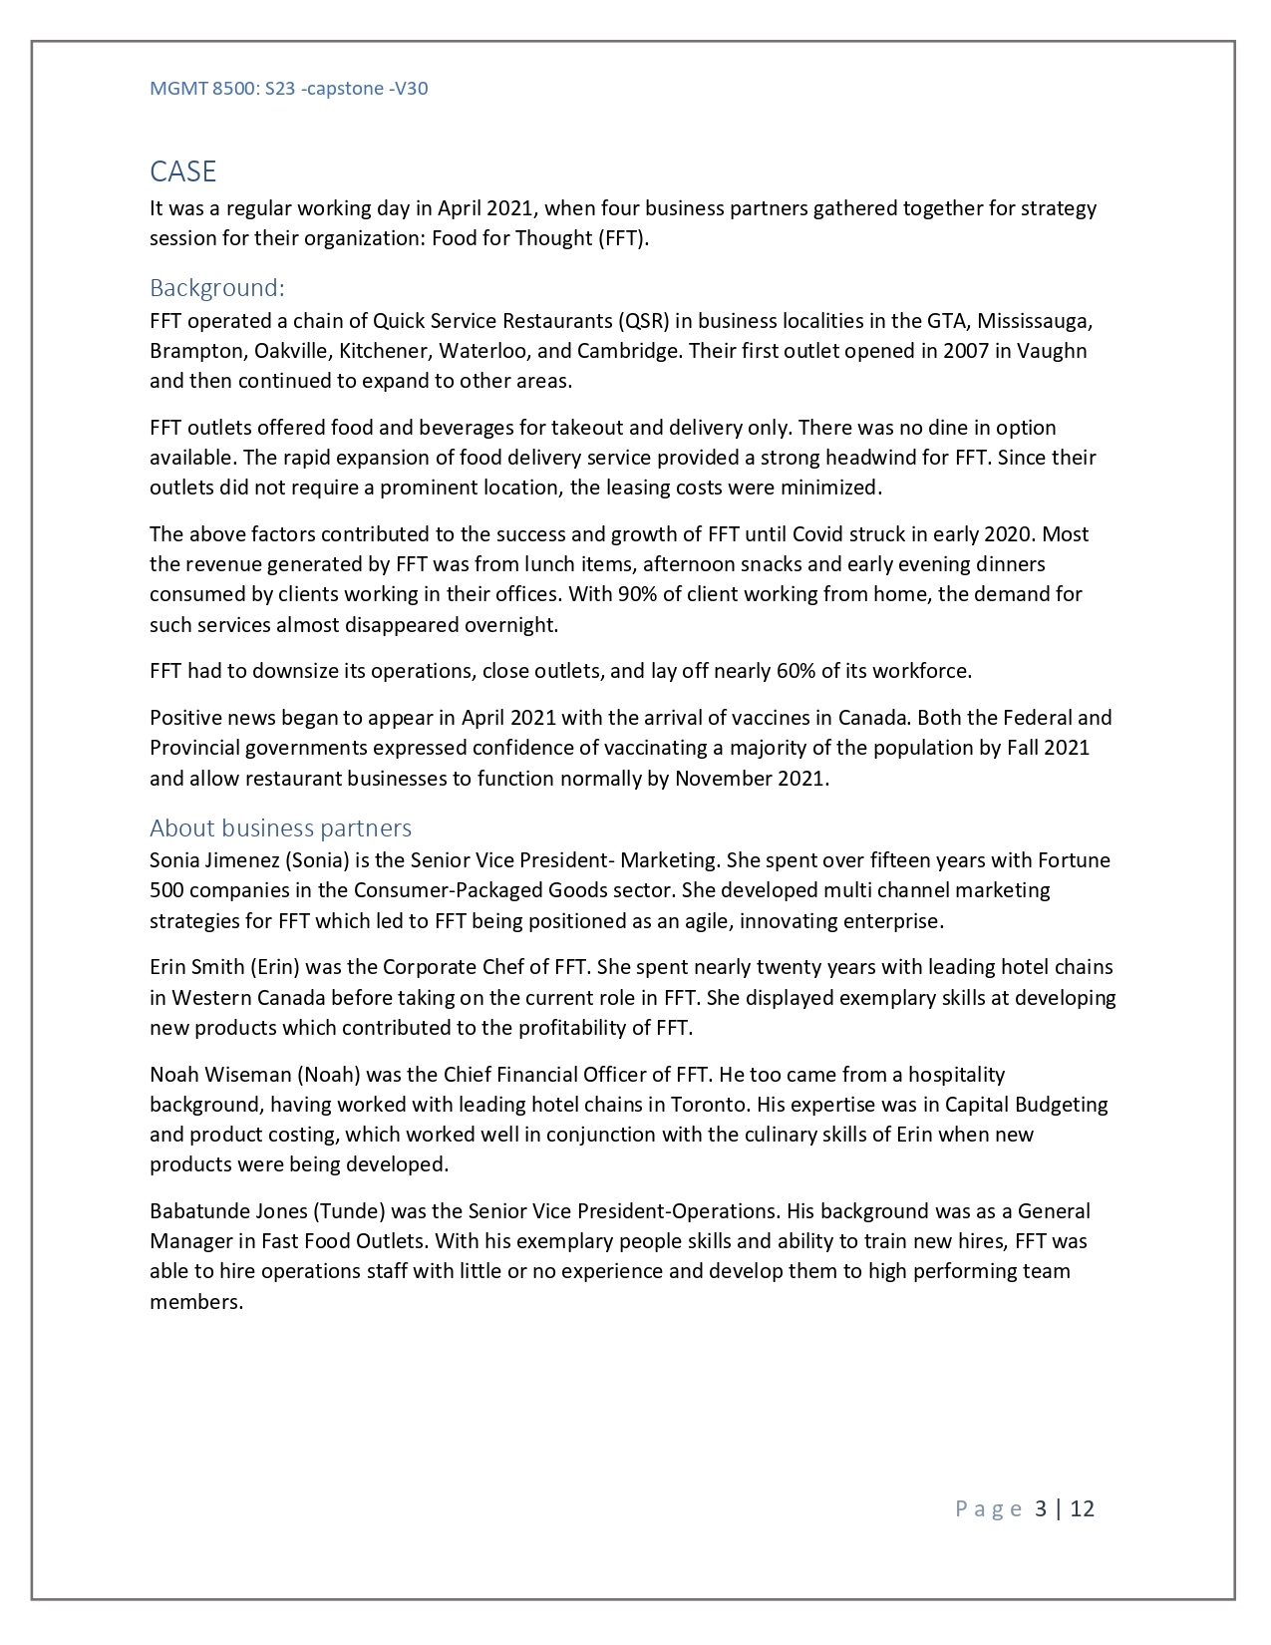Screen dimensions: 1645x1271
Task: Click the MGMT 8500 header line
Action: (x=288, y=88)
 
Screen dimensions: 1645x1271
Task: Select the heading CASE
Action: (x=182, y=171)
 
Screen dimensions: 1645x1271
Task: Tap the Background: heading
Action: (x=216, y=288)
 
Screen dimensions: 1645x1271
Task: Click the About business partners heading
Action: (x=280, y=828)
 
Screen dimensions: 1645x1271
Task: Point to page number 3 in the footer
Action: (x=1041, y=1508)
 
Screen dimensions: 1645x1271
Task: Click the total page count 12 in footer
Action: (x=1082, y=1508)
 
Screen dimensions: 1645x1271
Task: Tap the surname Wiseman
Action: (x=246, y=1075)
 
